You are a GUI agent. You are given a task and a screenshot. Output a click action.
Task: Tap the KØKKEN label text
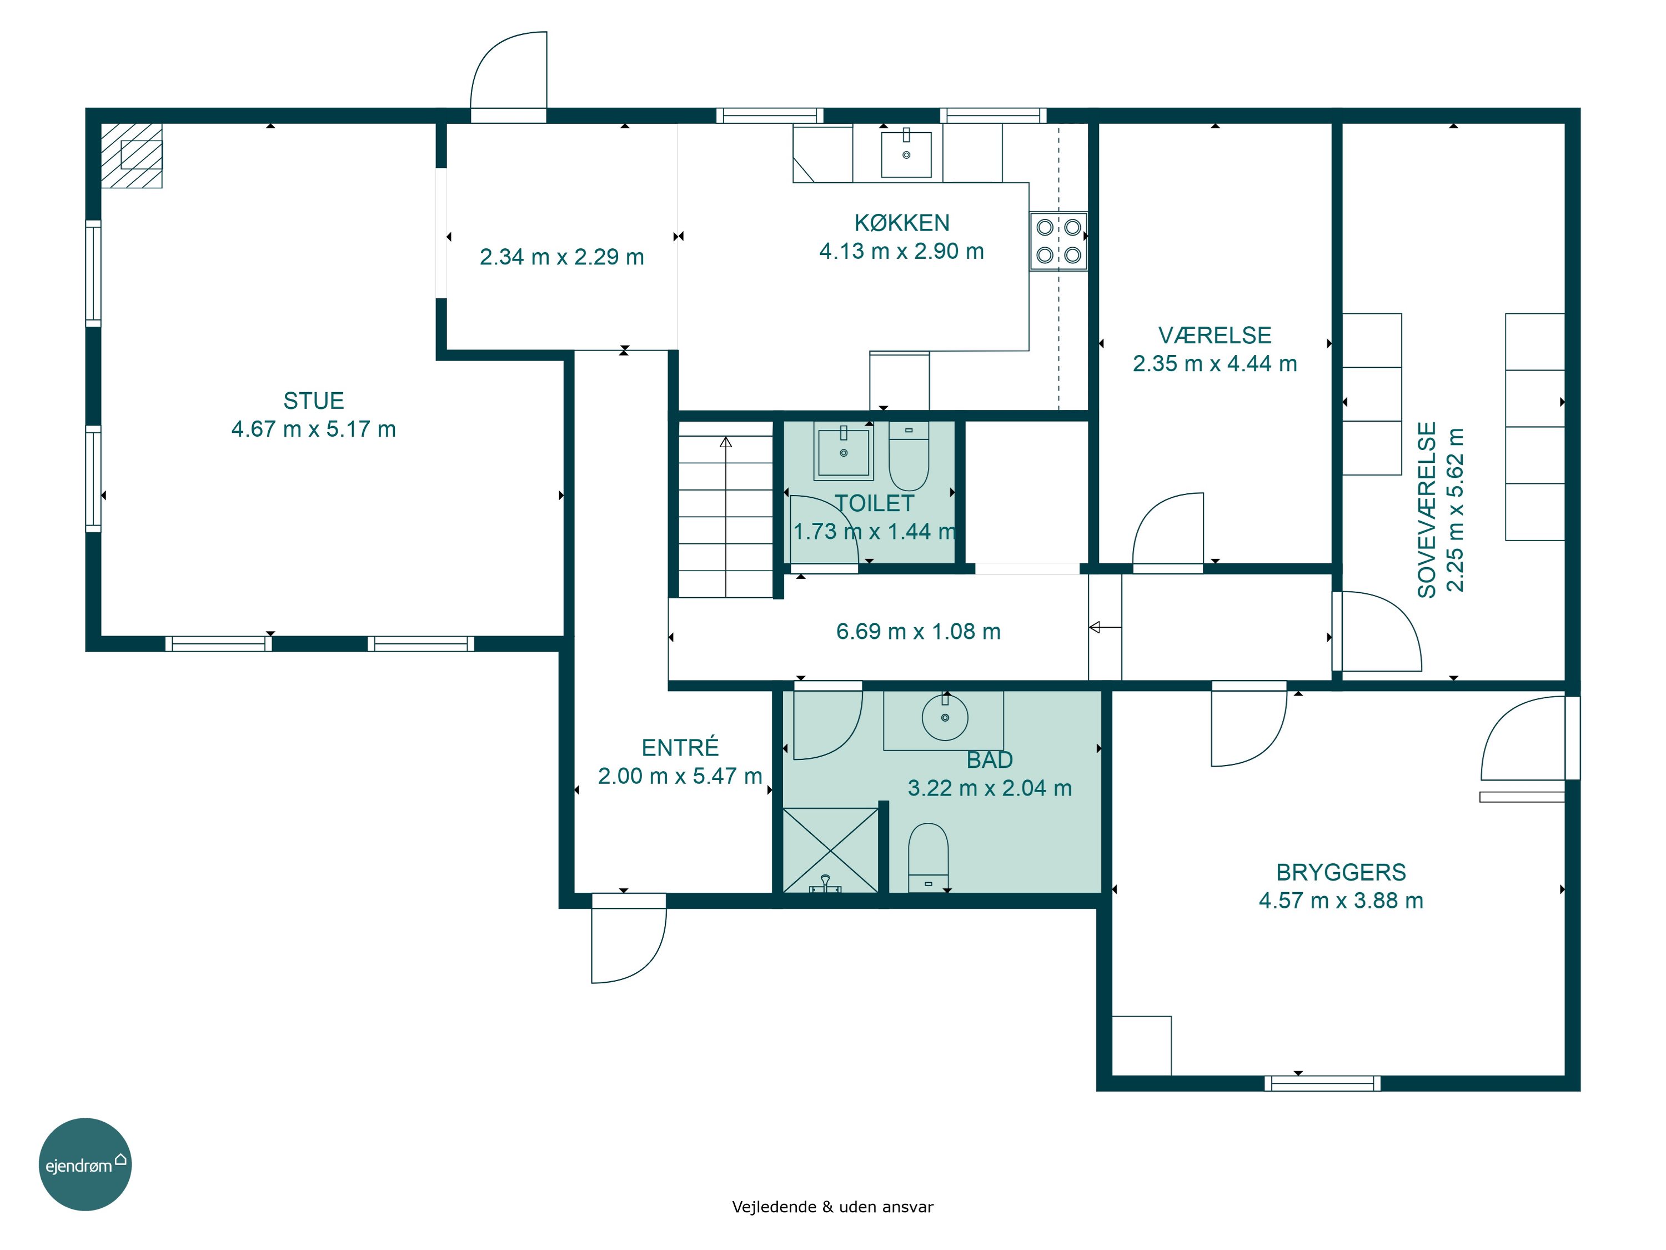click(901, 222)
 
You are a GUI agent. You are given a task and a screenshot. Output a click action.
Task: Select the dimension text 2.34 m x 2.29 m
click(562, 257)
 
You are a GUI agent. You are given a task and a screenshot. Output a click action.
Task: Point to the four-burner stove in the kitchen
click(1058, 241)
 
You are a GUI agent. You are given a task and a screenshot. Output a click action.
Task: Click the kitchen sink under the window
click(906, 153)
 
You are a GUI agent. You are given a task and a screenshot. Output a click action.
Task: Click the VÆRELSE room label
click(1215, 336)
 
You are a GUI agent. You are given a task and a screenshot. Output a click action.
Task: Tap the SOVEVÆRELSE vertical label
click(1427, 510)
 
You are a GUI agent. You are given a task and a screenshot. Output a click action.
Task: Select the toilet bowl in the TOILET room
click(909, 455)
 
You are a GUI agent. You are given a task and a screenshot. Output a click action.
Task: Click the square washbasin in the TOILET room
click(844, 451)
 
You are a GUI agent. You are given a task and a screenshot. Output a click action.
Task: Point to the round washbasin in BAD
click(945, 717)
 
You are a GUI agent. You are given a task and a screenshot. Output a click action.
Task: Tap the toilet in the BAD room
click(928, 857)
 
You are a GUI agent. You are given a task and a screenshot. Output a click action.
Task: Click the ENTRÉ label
click(680, 747)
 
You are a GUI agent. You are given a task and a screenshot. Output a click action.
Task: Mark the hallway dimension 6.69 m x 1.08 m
click(918, 632)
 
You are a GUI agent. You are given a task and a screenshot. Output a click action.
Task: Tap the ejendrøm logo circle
click(85, 1164)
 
